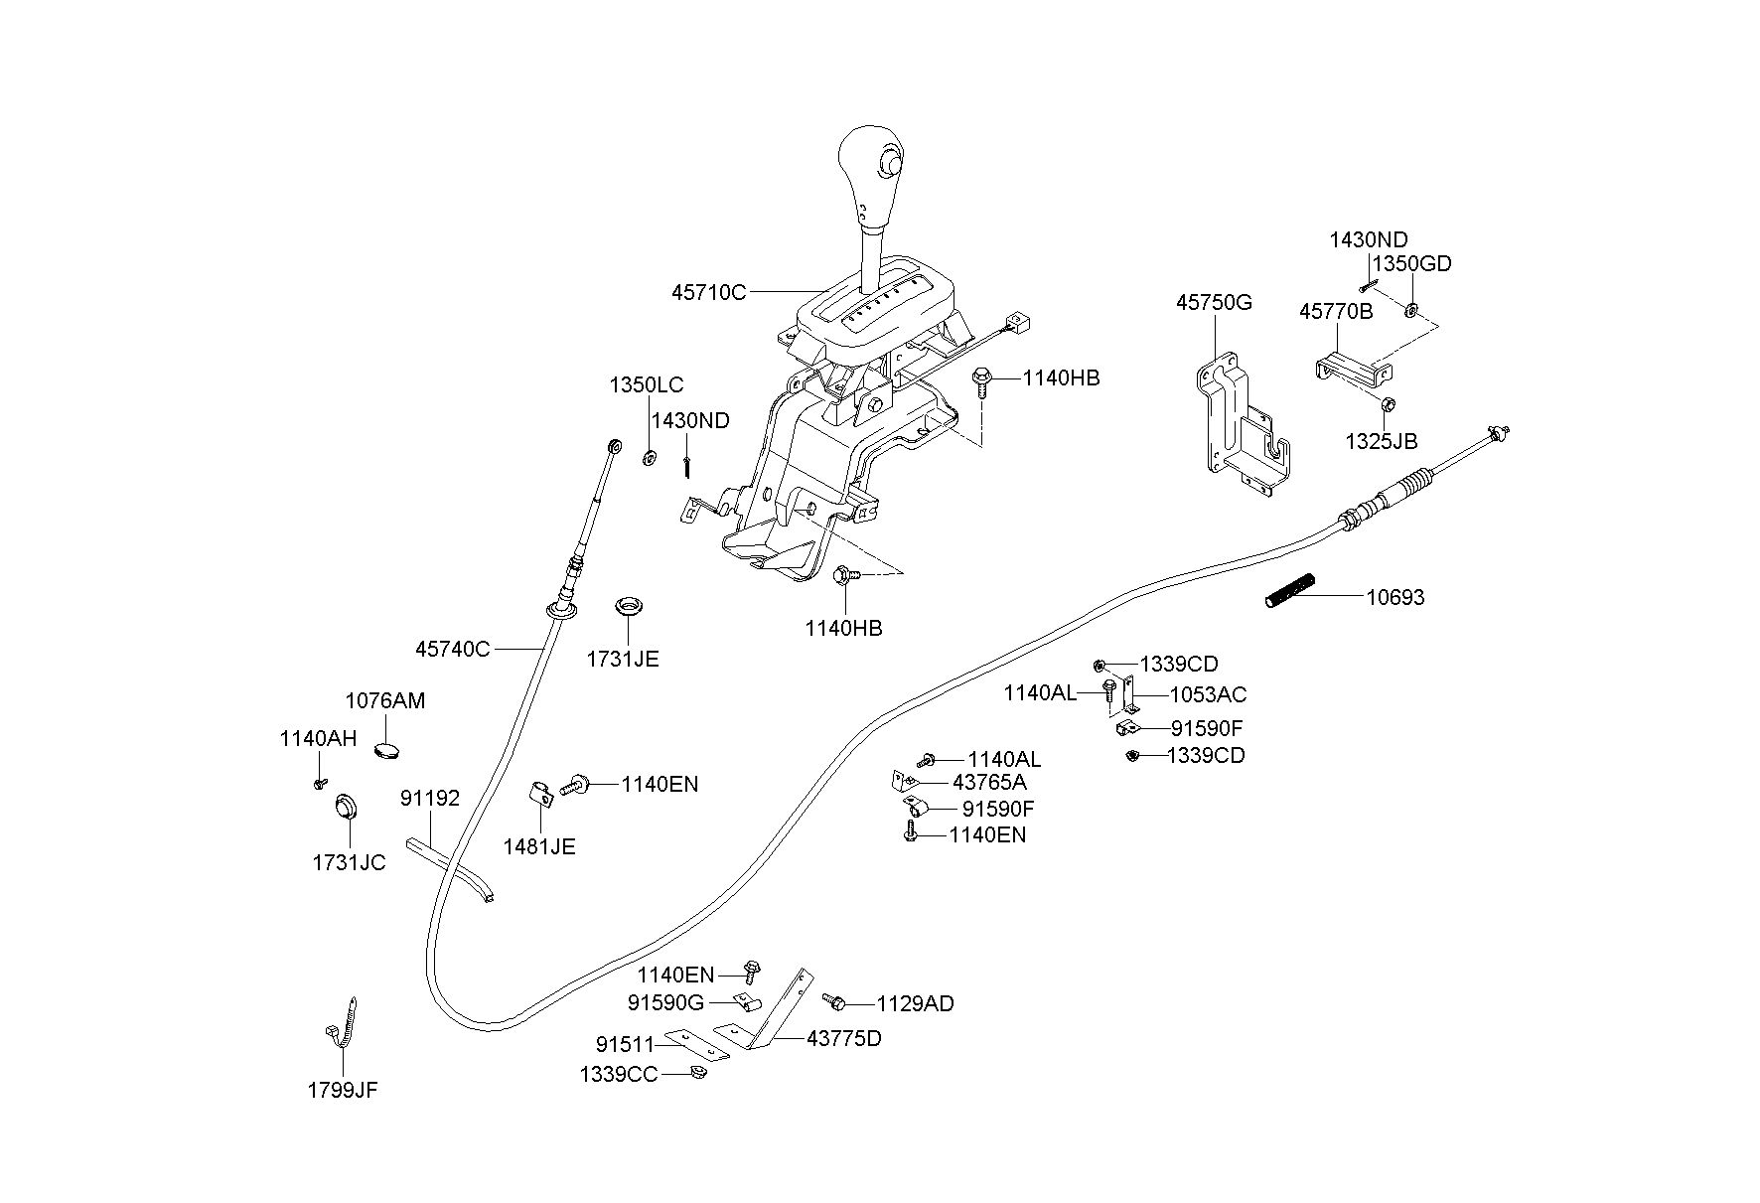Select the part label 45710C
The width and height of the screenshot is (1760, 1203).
pyautogui.click(x=708, y=293)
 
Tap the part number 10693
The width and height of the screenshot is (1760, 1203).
pyautogui.click(x=1394, y=597)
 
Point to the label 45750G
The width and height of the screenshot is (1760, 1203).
pyautogui.click(x=1214, y=302)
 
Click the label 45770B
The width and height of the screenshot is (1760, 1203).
pyautogui.click(x=1336, y=312)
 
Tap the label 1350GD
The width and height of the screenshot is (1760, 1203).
pyautogui.click(x=1411, y=263)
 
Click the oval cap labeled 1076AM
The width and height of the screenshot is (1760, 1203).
pyautogui.click(x=388, y=748)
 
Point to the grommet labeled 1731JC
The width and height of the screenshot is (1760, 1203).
pyautogui.click(x=345, y=807)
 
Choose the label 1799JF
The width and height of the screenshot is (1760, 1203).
pyautogui.click(x=343, y=1090)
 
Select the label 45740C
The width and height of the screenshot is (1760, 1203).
pyautogui.click(x=452, y=649)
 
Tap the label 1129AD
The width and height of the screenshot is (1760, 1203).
pyautogui.click(x=915, y=1003)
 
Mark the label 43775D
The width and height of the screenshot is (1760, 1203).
pyautogui.click(x=843, y=1038)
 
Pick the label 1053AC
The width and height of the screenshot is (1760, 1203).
pyautogui.click(x=1208, y=694)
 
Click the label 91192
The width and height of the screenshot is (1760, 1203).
pyautogui.click(x=430, y=798)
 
